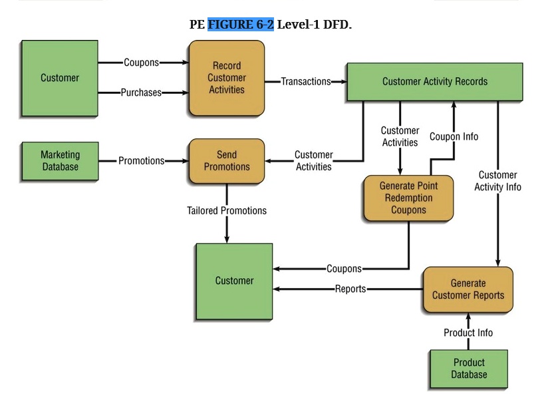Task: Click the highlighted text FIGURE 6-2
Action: point(240,25)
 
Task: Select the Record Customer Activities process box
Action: point(226,78)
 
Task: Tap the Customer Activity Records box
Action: point(434,81)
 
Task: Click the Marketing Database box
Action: point(60,160)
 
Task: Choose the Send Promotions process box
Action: point(226,160)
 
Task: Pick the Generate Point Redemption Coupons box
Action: point(408,198)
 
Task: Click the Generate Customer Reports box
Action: point(468,290)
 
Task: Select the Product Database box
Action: point(468,368)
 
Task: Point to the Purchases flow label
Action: point(141,93)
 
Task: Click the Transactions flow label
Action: point(305,81)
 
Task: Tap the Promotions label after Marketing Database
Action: point(141,160)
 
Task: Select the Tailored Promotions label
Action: point(226,210)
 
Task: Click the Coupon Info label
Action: point(454,136)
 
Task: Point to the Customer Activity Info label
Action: point(497,181)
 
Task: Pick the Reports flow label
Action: point(350,289)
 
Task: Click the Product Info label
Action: point(468,332)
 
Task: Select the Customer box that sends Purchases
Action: point(60,78)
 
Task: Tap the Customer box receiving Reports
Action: point(234,281)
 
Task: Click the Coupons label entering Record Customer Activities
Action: point(141,63)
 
